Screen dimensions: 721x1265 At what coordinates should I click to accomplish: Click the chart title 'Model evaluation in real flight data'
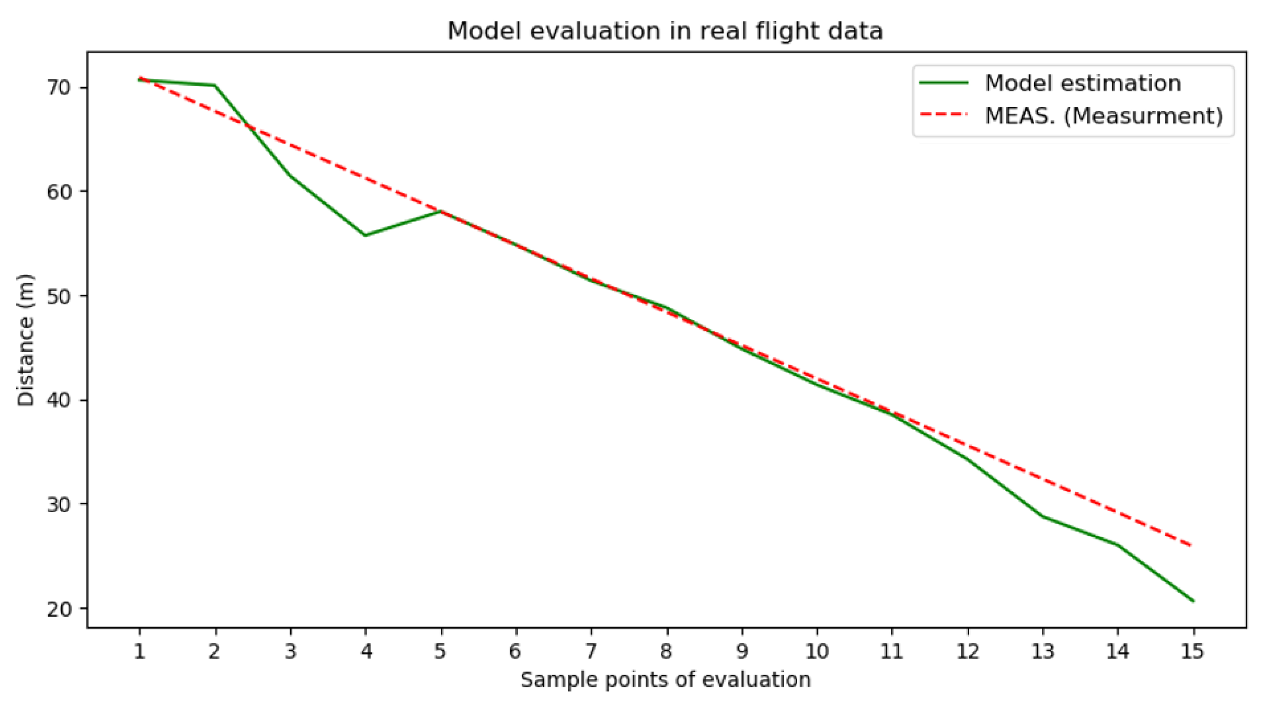(x=664, y=31)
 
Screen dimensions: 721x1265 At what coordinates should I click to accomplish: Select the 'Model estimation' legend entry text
(x=1083, y=83)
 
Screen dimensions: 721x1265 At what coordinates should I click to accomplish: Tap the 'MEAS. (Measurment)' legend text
(x=1104, y=116)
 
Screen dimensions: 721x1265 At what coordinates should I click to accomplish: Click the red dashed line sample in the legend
(x=943, y=116)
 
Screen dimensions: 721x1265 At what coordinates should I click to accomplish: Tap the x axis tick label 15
(x=1193, y=652)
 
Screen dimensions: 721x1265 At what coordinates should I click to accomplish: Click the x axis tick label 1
(x=140, y=652)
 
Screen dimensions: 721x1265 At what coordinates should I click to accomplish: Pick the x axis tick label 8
(x=667, y=652)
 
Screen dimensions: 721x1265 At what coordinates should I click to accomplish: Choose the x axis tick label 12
(x=968, y=652)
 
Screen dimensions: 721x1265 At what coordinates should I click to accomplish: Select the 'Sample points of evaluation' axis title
(x=666, y=680)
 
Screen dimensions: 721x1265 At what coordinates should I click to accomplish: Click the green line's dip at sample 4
(x=365, y=235)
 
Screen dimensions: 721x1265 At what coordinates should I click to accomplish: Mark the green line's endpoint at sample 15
(x=1193, y=601)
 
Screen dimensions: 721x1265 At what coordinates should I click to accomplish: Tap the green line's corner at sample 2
(x=215, y=85)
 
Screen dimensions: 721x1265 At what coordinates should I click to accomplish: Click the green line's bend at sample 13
(x=1043, y=516)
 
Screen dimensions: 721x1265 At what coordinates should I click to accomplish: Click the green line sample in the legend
(x=943, y=83)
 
